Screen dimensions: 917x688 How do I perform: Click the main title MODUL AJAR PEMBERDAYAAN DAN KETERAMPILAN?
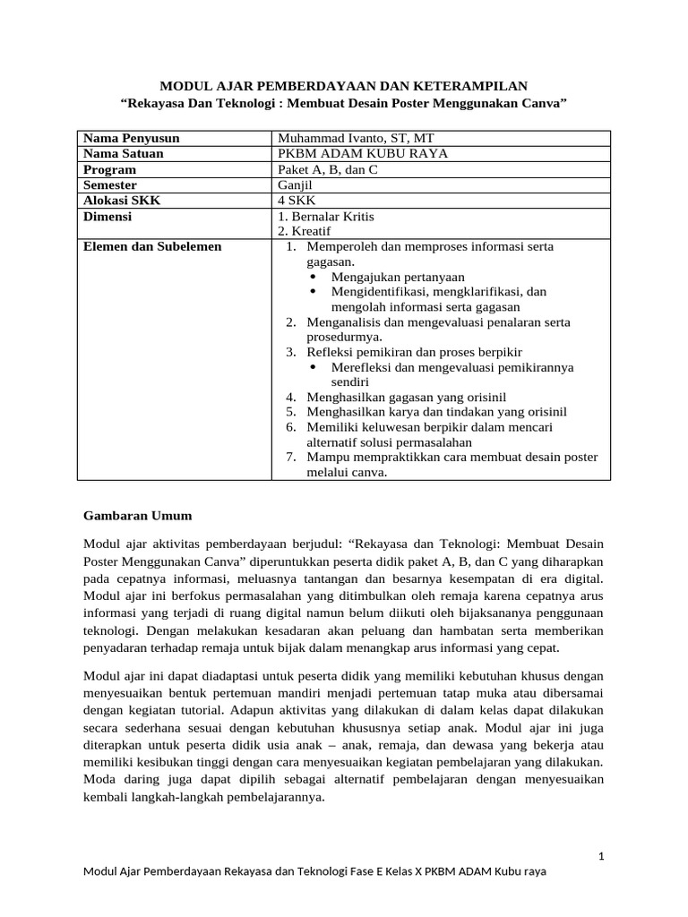point(343,86)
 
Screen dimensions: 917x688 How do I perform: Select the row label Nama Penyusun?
point(131,138)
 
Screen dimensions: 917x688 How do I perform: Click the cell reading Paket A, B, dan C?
point(329,169)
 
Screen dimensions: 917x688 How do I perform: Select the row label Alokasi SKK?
point(122,201)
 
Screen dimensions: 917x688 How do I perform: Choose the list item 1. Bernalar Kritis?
point(326,217)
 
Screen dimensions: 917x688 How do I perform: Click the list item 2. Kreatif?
point(305,231)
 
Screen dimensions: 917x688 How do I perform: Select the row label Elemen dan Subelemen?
point(151,246)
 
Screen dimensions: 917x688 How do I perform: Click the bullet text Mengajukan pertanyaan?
point(398,277)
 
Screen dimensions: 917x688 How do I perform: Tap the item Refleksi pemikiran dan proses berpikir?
point(414,352)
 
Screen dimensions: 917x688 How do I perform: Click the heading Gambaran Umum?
point(137,516)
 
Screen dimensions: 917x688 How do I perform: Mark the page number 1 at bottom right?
point(602,857)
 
